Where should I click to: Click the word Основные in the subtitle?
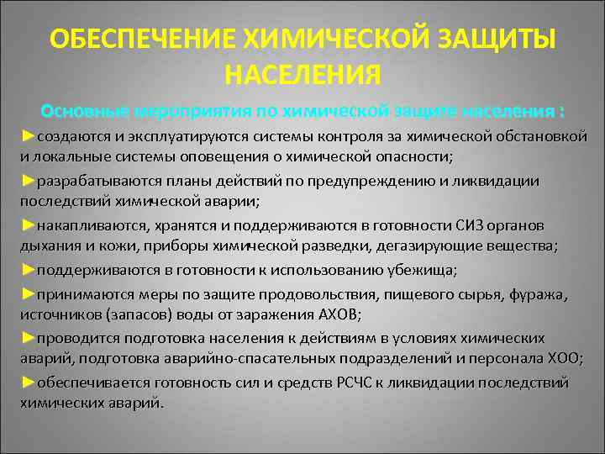pos(83,112)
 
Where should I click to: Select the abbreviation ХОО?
pos(560,358)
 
